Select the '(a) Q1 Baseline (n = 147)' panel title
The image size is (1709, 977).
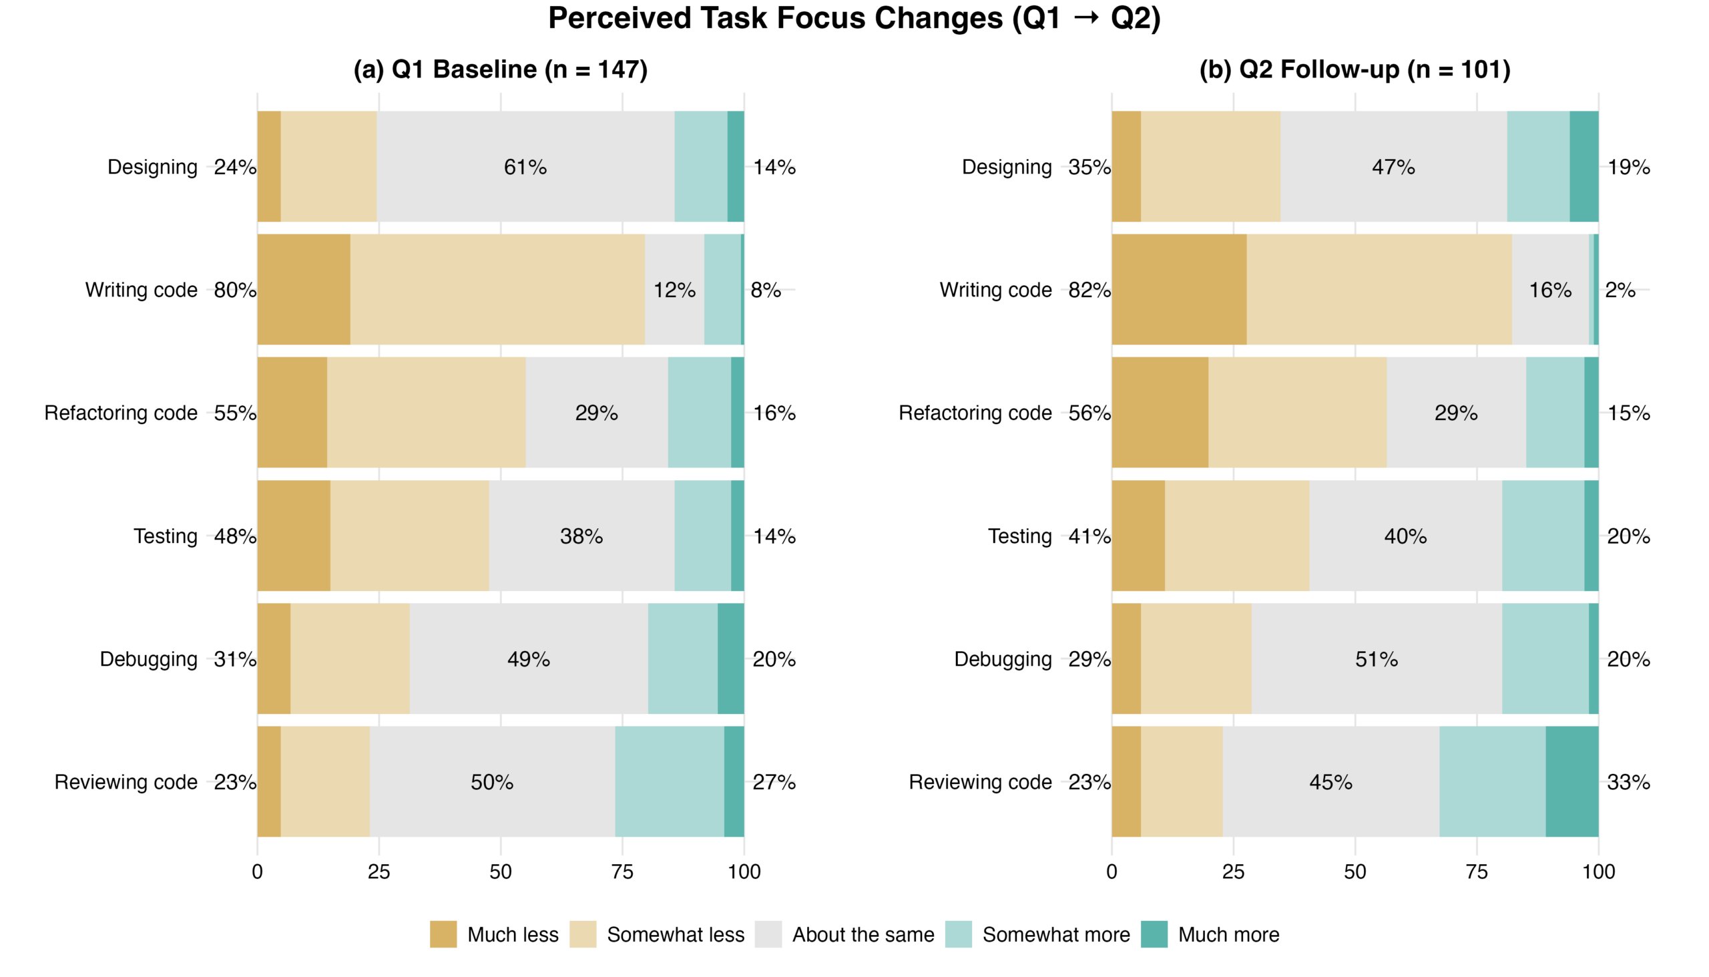pos(501,69)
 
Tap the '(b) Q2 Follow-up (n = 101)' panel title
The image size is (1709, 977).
pos(1355,69)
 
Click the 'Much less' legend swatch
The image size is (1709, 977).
pos(443,934)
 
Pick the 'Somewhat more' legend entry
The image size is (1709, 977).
pos(1055,934)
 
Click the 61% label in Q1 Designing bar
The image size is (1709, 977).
pos(525,166)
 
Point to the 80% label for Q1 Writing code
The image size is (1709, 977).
pos(235,290)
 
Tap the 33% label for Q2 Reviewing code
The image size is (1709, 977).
pos(1628,782)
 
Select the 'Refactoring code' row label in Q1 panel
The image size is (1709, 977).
pos(121,413)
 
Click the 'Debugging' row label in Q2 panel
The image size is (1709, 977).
pos(1003,659)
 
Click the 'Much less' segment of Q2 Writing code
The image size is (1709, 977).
pos(1178,289)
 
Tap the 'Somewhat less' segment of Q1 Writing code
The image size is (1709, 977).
pos(497,289)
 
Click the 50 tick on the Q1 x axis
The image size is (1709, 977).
pos(501,871)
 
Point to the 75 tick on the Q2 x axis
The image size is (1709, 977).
pos(1476,871)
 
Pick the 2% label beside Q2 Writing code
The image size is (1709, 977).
pos(1620,290)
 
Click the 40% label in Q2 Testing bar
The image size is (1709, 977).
pos(1405,536)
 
